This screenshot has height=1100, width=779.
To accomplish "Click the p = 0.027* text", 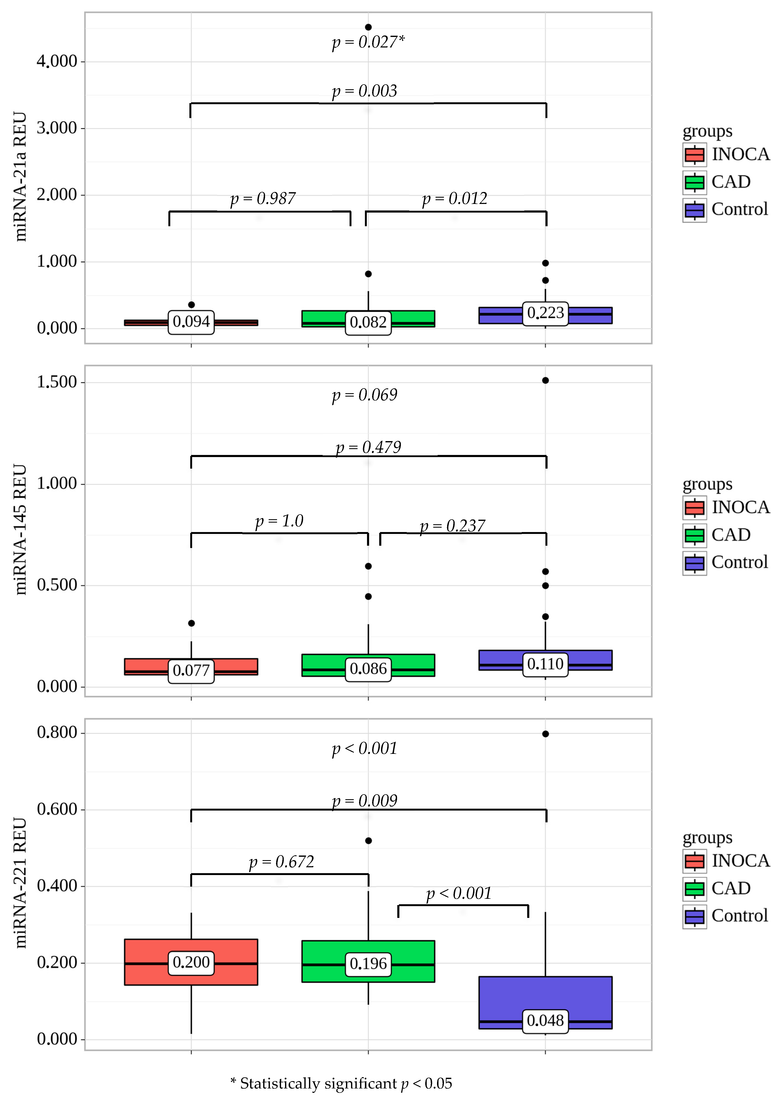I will click(x=368, y=42).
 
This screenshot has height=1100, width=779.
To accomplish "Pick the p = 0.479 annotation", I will click(x=368, y=447).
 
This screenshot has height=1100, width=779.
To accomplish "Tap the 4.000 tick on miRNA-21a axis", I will click(x=57, y=61).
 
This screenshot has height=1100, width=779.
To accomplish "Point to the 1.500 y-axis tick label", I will click(x=57, y=382).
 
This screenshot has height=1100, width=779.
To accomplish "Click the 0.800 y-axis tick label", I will click(x=57, y=732).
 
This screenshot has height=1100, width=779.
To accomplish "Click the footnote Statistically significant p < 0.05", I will click(x=341, y=1083).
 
